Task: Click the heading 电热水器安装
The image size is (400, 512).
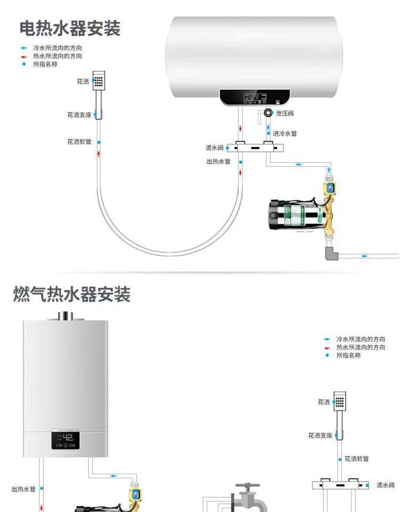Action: [x=70, y=28]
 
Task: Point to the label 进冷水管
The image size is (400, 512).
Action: [x=285, y=133]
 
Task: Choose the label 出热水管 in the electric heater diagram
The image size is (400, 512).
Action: [x=218, y=161]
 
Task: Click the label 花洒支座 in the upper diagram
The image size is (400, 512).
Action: [x=79, y=115]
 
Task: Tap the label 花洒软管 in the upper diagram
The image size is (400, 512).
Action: [x=79, y=141]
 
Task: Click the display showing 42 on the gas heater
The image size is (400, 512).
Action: [x=66, y=440]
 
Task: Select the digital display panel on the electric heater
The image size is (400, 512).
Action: [x=255, y=97]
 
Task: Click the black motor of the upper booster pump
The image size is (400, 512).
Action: [x=279, y=215]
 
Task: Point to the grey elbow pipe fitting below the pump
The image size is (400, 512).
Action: [x=332, y=253]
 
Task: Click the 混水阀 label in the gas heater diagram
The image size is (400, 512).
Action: [x=386, y=485]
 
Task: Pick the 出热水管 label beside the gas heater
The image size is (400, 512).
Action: [x=23, y=489]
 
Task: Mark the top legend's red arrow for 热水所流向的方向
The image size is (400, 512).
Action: [x=23, y=56]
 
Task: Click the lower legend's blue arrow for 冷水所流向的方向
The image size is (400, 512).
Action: [x=327, y=339]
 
